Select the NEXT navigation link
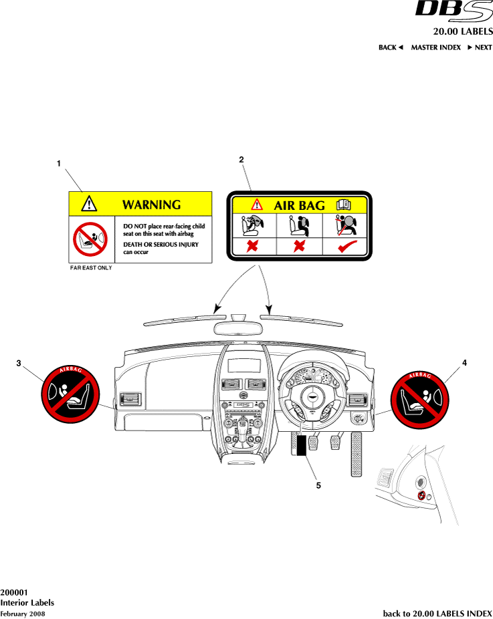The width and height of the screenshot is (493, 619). (x=480, y=47)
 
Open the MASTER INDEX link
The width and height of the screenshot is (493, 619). (x=435, y=47)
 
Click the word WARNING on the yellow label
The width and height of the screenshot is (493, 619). (x=151, y=205)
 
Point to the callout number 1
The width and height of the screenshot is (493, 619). (x=59, y=163)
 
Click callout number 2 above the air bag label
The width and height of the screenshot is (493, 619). (x=241, y=159)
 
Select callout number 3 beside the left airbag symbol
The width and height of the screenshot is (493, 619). (x=19, y=363)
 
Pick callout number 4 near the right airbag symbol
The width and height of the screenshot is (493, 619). (x=464, y=362)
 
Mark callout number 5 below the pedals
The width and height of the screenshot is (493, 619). (x=318, y=485)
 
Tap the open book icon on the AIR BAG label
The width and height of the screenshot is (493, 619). (x=343, y=205)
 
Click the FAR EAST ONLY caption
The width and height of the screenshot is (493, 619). (x=91, y=267)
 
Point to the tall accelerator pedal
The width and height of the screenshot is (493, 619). (x=357, y=455)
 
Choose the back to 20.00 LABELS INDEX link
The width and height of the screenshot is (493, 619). (x=437, y=613)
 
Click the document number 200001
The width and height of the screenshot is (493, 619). (x=14, y=592)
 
